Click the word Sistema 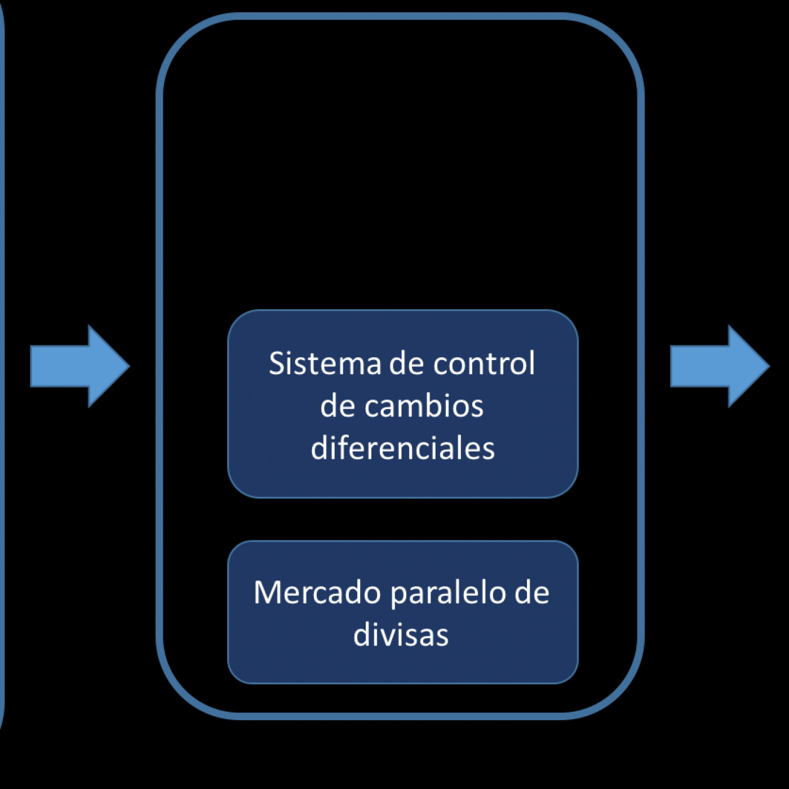[325, 364]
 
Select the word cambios [424, 406]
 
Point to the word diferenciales [402, 448]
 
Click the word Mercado [317, 593]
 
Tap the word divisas [401, 635]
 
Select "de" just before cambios [338, 406]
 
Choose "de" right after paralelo [532, 593]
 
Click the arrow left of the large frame [79, 366]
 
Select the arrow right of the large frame [719, 366]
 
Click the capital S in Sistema [276, 364]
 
